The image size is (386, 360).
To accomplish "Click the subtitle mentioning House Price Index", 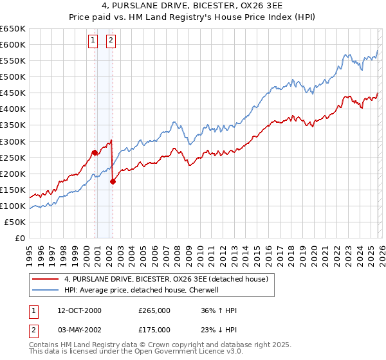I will point(193,18).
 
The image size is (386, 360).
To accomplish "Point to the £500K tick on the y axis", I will point(14,76).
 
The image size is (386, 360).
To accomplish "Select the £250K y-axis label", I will point(14,157).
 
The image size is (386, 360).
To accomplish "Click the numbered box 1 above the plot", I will point(93,40).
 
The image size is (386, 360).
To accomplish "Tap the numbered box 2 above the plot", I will point(111,40).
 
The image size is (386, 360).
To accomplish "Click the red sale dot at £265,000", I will point(95,152).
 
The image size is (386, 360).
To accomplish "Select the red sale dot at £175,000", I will point(113,181).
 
